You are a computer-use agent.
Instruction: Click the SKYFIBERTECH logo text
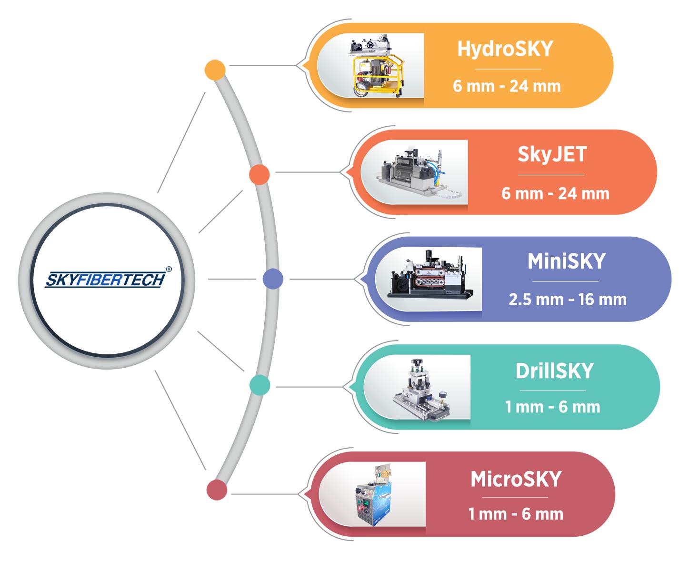pyautogui.click(x=105, y=280)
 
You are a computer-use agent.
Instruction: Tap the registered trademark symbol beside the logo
pyautogui.click(x=169, y=268)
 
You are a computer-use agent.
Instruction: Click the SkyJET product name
pyautogui.click(x=552, y=155)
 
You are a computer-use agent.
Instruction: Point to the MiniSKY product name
pyautogui.click(x=566, y=261)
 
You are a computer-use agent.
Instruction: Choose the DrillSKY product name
pyautogui.click(x=554, y=371)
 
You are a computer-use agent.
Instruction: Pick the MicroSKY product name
pyautogui.click(x=516, y=479)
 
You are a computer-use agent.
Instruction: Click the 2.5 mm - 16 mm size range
pyautogui.click(x=568, y=300)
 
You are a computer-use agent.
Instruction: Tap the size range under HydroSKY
pyautogui.click(x=507, y=86)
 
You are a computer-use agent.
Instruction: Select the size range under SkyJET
pyautogui.click(x=555, y=193)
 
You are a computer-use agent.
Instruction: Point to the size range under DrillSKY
pyautogui.click(x=552, y=407)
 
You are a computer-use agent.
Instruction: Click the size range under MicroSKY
pyautogui.click(x=516, y=514)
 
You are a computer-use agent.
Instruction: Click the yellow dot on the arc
pyautogui.click(x=215, y=70)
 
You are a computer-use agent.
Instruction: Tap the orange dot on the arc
pyautogui.click(x=260, y=175)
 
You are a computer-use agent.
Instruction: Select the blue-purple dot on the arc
pyautogui.click(x=273, y=279)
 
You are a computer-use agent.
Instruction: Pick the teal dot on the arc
pyautogui.click(x=260, y=385)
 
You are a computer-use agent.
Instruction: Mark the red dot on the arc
pyautogui.click(x=217, y=490)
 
